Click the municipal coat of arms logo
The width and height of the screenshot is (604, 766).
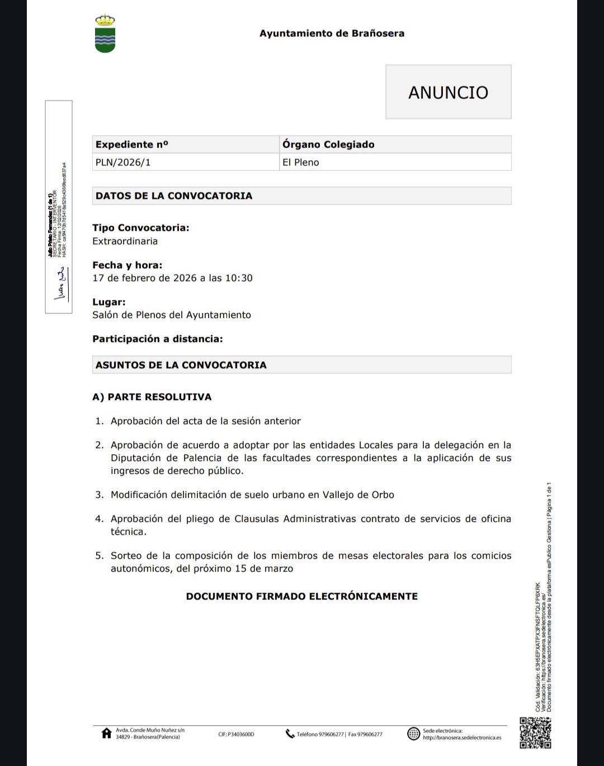click(105, 35)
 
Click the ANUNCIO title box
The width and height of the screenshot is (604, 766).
click(448, 92)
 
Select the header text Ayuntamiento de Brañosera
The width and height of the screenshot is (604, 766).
click(332, 34)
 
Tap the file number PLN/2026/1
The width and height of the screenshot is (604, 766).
click(123, 163)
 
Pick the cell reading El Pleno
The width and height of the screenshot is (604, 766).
click(301, 163)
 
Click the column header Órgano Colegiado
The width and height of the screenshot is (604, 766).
click(328, 145)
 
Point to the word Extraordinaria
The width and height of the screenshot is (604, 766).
click(125, 241)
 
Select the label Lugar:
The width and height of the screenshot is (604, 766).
click(109, 302)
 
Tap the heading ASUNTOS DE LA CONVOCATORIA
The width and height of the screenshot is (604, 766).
click(181, 365)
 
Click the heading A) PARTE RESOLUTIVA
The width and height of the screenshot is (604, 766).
click(152, 397)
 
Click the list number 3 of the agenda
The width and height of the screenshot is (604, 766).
click(99, 495)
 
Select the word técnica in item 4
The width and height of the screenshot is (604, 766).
click(128, 532)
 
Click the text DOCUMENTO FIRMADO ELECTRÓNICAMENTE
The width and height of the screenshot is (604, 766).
click(302, 597)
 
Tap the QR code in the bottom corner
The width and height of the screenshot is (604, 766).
click(535, 732)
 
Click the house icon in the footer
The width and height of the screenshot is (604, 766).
click(106, 734)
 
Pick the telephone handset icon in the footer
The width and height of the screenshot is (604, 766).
click(290, 734)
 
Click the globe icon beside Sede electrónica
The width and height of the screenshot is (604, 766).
click(413, 734)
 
